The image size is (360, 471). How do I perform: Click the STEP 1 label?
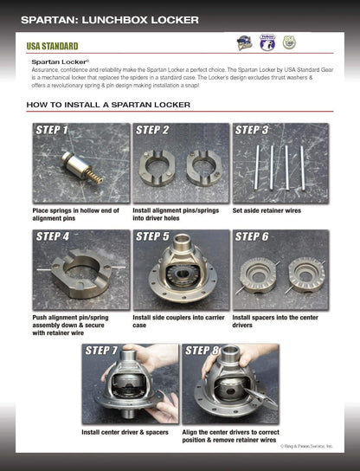[x=52, y=131]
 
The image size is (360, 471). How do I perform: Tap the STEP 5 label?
[x=152, y=236]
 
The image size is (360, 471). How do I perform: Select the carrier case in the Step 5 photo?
[x=179, y=270]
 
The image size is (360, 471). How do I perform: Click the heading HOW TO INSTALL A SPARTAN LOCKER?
[x=108, y=105]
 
